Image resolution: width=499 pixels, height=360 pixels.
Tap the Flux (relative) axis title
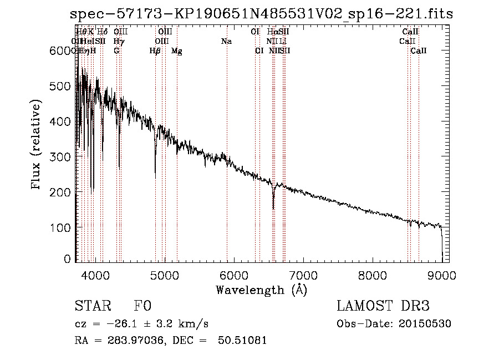[37, 145]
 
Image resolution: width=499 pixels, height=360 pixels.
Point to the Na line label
[226, 41]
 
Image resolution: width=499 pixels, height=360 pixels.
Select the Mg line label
[177, 51]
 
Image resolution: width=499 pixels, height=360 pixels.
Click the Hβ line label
[155, 51]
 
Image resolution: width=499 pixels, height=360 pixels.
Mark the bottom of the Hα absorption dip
[273, 208]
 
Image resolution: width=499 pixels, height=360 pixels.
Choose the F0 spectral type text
[142, 306]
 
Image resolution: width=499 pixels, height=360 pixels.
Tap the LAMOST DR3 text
[383, 306]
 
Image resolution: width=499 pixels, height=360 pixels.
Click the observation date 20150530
[426, 323]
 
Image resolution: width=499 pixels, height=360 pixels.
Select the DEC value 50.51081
[243, 340]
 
